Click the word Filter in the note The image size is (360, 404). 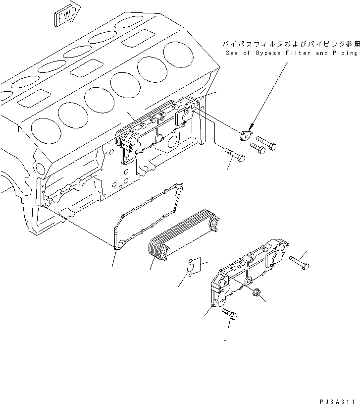pos(301,53)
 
